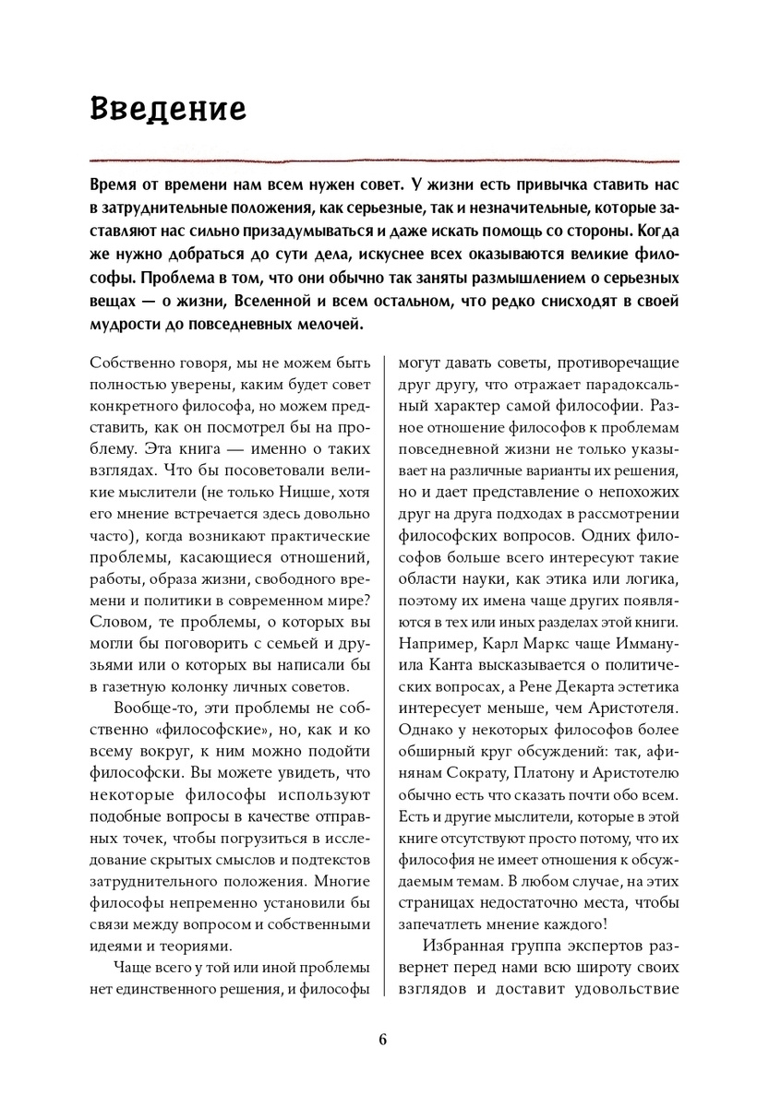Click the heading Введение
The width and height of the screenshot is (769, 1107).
[167, 108]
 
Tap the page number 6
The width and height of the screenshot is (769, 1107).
[383, 1040]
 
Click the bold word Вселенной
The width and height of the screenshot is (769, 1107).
[281, 302]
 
